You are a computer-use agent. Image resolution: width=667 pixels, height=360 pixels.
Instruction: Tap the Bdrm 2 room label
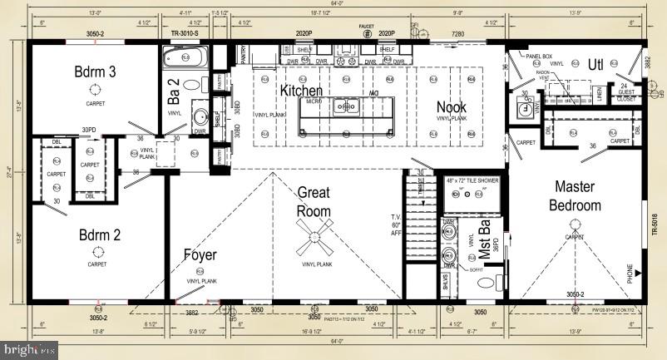(x=100, y=234)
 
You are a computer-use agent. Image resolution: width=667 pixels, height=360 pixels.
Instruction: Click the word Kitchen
(x=301, y=90)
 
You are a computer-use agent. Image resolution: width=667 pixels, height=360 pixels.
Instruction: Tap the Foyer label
(x=200, y=255)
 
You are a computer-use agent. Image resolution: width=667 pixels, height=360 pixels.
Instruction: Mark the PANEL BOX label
(x=539, y=57)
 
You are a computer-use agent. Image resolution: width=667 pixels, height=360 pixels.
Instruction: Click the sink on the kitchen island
(x=344, y=106)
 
